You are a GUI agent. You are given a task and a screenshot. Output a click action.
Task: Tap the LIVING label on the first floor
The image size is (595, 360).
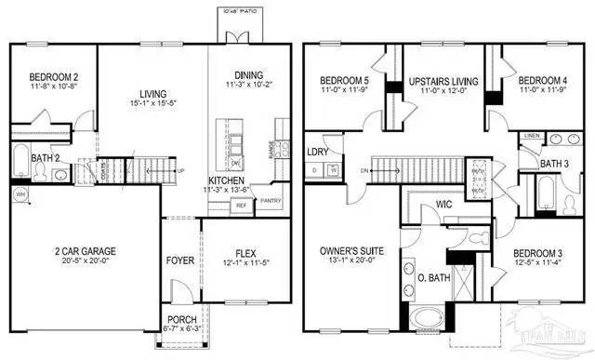152,94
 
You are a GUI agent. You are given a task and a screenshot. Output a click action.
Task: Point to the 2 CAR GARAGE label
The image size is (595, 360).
87,248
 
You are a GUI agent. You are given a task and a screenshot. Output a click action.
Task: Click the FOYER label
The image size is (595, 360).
180,260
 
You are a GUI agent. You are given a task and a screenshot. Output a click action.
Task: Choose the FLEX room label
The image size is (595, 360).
245,249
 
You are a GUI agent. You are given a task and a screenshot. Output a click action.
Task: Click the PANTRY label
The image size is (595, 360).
271,200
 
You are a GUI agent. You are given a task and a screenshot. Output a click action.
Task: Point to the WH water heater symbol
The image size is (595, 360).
19,193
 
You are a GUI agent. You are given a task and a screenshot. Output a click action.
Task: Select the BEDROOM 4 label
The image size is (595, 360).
539,79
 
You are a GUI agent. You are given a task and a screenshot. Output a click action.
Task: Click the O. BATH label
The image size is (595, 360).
433,279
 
